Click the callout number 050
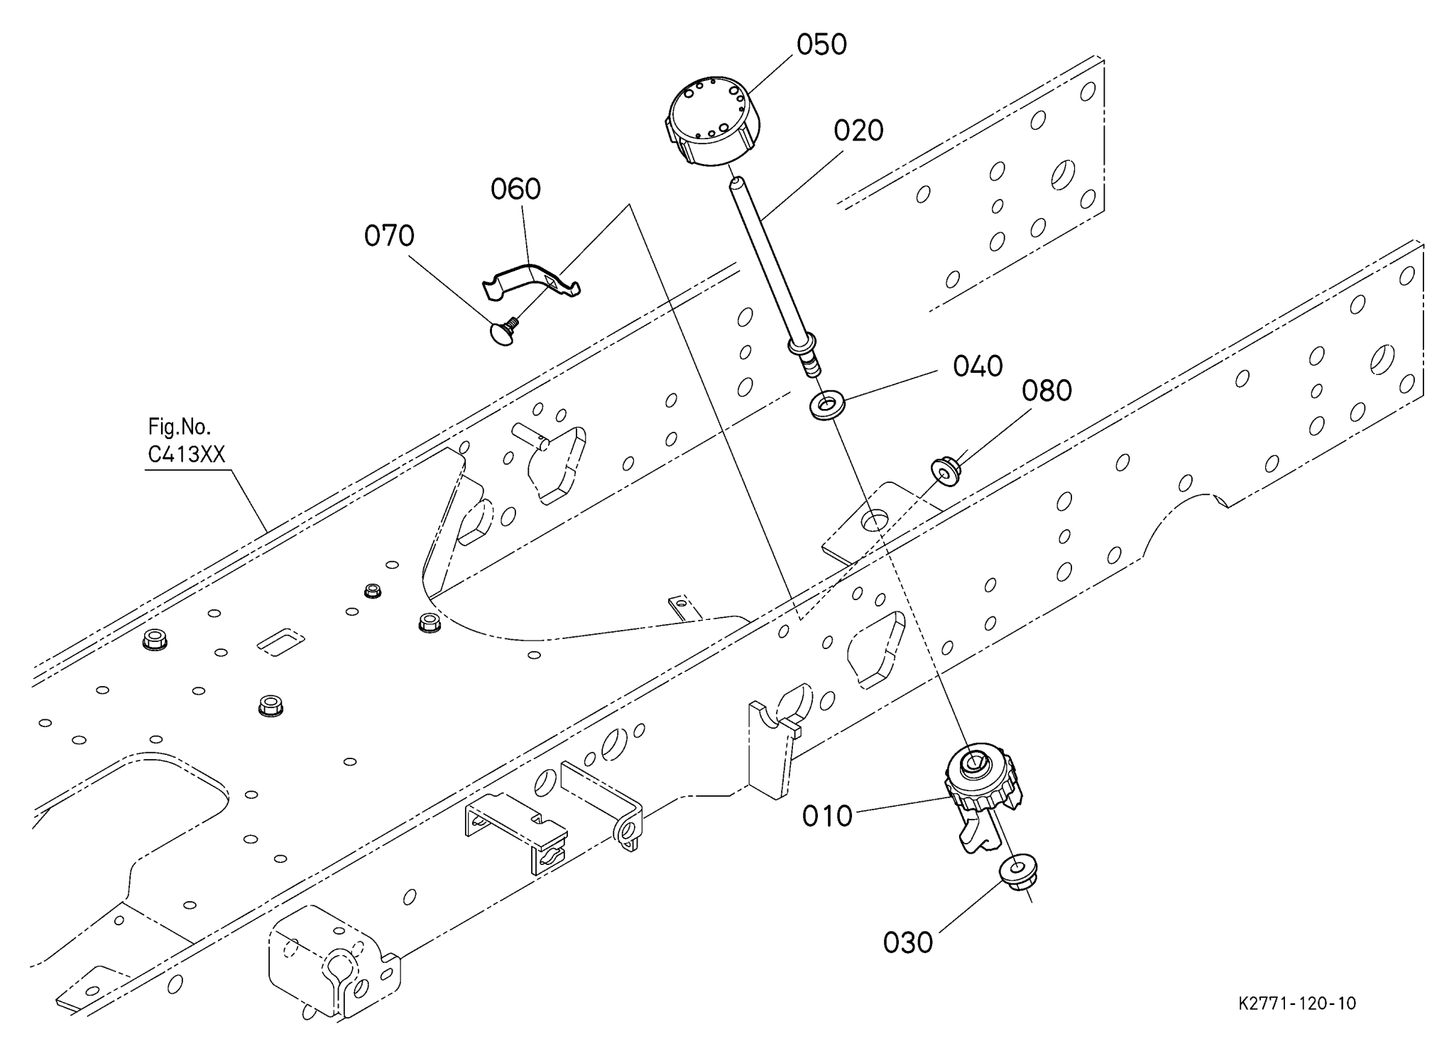[x=821, y=45]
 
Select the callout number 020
[x=858, y=131]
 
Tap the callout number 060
[x=515, y=189]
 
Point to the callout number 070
[x=389, y=236]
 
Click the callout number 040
[x=978, y=366]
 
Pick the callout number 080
[x=1046, y=391]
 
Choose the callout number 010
[x=827, y=817]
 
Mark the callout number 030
[x=908, y=943]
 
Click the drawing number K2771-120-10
[x=1297, y=1003]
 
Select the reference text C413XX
[x=186, y=454]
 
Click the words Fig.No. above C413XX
[x=179, y=427]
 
